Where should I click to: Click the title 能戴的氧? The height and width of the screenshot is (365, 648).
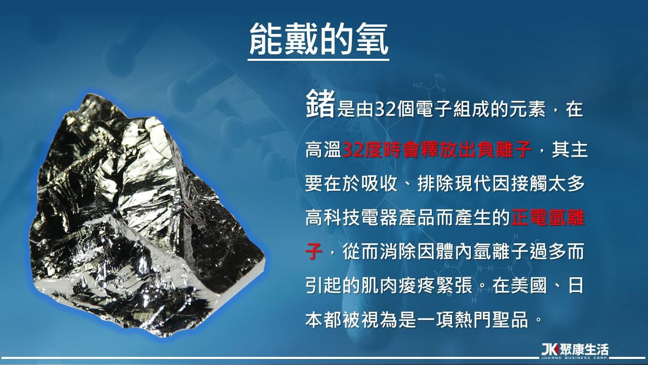318,39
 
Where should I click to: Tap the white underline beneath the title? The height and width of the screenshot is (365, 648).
318,60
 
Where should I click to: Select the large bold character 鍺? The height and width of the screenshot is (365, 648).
320,104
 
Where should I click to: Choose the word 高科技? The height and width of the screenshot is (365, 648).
333,217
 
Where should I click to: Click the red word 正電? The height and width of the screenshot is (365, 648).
529,217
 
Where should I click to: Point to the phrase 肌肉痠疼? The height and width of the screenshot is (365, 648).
398,285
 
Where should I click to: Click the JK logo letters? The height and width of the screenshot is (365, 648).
550,349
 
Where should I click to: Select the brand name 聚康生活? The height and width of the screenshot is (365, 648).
584,349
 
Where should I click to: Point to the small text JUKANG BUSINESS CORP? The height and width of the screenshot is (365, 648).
575,358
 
